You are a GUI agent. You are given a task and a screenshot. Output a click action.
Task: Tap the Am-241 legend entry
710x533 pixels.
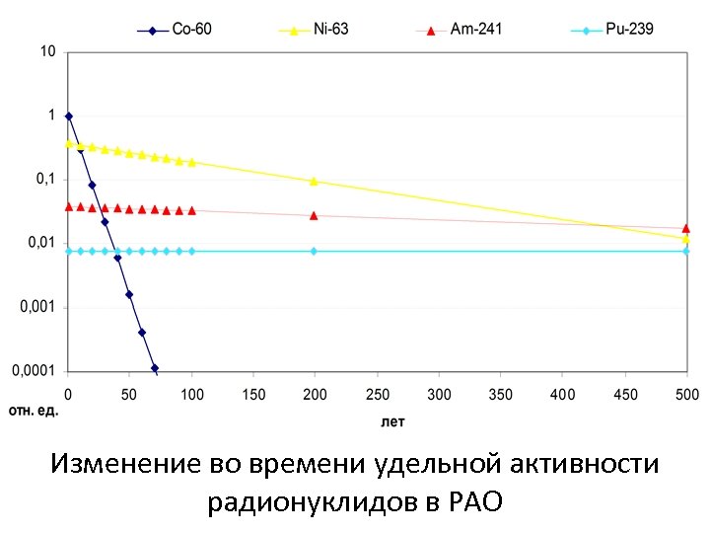pos(475,30)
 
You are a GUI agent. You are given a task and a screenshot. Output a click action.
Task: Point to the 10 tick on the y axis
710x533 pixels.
pos(47,51)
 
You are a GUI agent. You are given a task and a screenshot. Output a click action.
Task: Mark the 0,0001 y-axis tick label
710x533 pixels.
pos(35,371)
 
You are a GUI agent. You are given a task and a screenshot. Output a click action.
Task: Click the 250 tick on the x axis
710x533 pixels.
pos(377,395)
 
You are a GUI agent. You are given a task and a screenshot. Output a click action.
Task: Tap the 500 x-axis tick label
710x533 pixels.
pos(686,395)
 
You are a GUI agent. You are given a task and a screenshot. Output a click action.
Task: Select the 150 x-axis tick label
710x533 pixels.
pos(253,395)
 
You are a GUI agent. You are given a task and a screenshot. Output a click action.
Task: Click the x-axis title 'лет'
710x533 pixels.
pos(393,421)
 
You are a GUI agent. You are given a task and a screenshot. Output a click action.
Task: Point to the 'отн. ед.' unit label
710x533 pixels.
pos(35,410)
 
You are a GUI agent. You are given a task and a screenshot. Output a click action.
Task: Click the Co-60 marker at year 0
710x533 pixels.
pos(68,116)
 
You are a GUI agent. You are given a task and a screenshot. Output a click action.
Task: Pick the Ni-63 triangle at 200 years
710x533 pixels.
pos(314,182)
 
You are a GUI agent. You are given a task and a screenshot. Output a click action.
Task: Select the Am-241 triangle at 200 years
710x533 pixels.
pos(314,215)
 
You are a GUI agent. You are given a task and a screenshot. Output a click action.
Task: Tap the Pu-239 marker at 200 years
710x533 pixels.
pos(314,251)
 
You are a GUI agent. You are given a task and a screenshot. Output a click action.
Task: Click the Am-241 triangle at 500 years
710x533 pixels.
pos(686,228)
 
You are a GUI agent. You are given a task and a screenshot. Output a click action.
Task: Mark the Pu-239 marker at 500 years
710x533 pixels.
pos(686,251)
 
